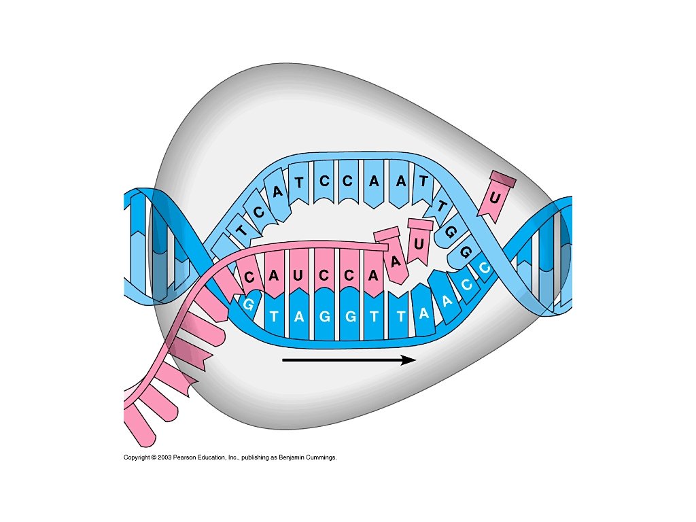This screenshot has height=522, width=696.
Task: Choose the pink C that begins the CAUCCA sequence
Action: coord(250,277)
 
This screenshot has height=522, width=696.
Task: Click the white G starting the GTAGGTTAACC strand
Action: coord(249,304)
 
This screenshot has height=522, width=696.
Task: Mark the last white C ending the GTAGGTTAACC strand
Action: coord(485,268)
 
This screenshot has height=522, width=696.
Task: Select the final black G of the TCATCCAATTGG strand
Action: coord(466,251)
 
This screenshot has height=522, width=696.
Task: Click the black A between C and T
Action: coord(277,192)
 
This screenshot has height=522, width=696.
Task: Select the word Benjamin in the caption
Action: coord(293,457)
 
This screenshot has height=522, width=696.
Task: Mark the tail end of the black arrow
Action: coord(284,360)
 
